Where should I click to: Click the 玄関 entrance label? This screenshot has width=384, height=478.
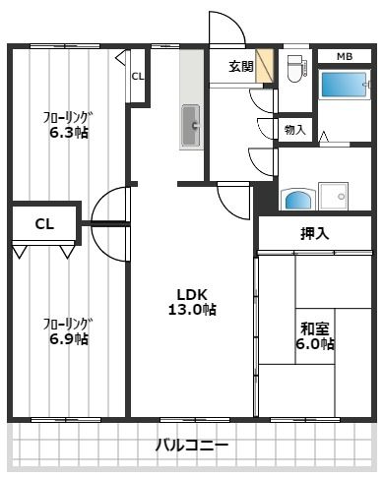240,67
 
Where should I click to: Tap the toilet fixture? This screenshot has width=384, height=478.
294,69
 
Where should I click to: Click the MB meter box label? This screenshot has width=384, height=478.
345,56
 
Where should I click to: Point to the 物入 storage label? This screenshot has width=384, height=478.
294,129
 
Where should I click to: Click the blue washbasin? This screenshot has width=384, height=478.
296,200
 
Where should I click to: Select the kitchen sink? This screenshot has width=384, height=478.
191,126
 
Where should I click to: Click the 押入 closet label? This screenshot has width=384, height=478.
315,234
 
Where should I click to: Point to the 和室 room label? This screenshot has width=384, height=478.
315,329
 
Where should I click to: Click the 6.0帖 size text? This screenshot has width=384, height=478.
315,344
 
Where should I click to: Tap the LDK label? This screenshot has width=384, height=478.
192,293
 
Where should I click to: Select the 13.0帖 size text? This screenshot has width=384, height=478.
192,310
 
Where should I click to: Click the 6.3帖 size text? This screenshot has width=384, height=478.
69,132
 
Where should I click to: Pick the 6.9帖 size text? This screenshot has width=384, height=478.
69,339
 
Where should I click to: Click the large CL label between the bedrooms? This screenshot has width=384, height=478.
44,224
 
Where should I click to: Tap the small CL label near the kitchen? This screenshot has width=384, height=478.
137,76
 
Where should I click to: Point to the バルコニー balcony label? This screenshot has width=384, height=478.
192,446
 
